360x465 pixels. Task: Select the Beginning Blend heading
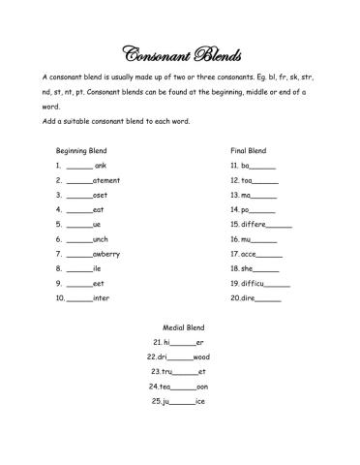point(81,151)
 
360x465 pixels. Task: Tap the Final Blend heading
point(249,151)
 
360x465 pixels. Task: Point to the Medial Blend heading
point(181,327)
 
